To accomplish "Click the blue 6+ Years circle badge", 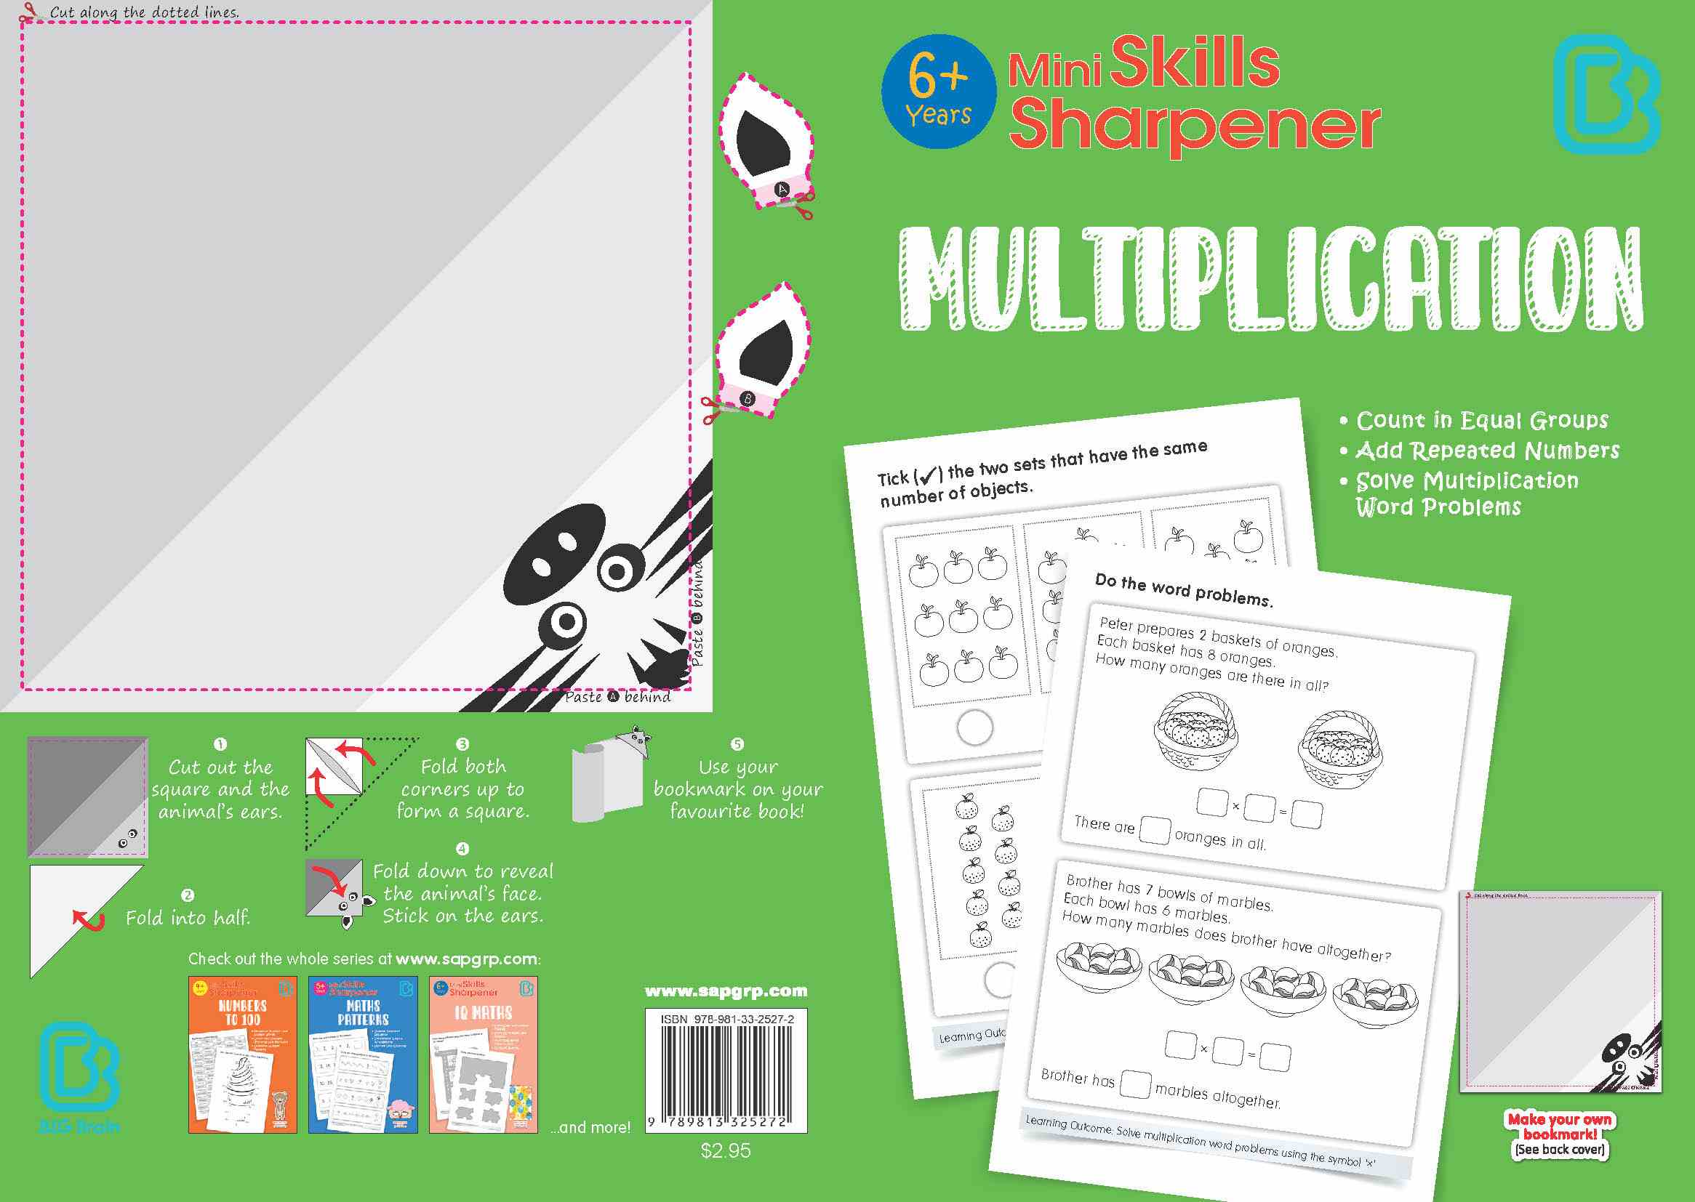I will click(x=938, y=92).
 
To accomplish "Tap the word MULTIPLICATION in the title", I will click(x=1270, y=278).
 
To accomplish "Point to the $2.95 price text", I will click(x=726, y=1151).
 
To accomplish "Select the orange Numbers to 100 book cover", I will click(x=243, y=1054).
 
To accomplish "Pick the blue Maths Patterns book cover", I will click(x=363, y=1054).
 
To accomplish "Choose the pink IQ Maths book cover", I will click(x=484, y=1054).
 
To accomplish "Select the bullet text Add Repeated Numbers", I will click(x=1487, y=451).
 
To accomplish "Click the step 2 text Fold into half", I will click(x=188, y=919).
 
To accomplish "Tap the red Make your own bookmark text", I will click(x=1560, y=1126).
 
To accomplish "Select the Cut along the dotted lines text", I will click(x=145, y=12).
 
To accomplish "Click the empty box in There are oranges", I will click(x=1155, y=830).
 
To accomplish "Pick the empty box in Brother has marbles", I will click(x=1134, y=1084).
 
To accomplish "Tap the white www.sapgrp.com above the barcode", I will click(x=726, y=991).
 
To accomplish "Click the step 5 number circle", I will click(x=737, y=744).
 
